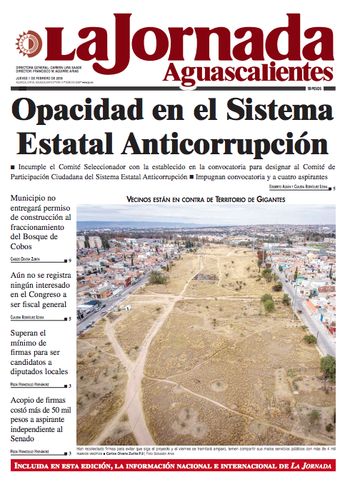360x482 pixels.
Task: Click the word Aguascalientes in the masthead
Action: (248, 71)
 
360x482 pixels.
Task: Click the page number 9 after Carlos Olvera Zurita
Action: (69, 261)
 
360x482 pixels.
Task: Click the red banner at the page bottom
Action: (180, 467)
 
